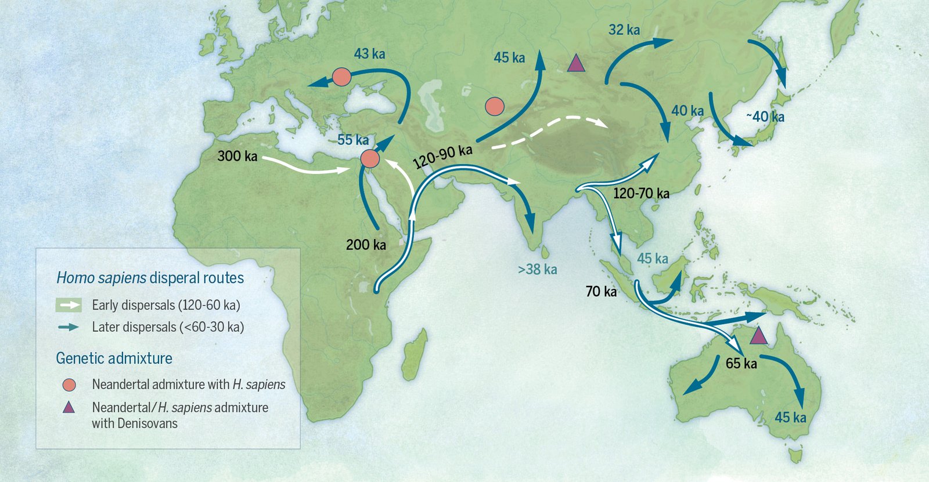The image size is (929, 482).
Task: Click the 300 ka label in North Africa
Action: point(237,156)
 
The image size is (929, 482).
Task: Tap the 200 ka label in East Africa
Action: point(366,245)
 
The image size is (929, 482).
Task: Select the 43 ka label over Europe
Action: point(369,54)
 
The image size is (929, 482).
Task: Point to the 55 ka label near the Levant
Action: point(353,140)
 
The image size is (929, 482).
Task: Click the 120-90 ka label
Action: point(443,157)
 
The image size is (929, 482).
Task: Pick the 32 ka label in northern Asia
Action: point(624,30)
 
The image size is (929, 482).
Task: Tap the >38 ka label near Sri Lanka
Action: point(538,269)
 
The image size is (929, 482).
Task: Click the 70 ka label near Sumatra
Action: point(601,291)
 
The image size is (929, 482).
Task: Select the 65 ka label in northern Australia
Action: point(741,364)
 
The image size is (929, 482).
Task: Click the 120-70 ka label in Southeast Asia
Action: point(641,194)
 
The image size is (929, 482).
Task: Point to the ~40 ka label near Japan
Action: point(765,117)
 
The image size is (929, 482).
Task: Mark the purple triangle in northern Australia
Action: point(758,336)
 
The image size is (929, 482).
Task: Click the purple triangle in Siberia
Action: point(575,63)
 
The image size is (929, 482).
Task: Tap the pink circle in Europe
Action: point(341,77)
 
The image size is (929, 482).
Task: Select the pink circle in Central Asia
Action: point(494,106)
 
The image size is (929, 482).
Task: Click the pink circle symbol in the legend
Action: point(69,385)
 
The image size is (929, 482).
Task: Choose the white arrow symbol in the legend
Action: point(69,305)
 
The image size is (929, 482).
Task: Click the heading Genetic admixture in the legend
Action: point(114,358)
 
